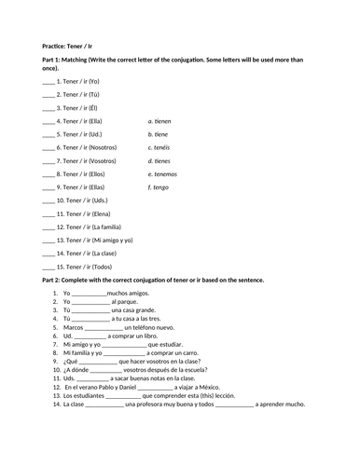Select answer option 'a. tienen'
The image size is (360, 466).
[162, 121]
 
